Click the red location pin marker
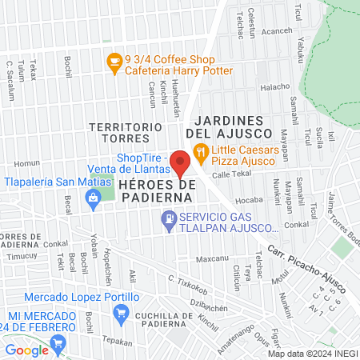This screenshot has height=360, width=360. coord(181,163)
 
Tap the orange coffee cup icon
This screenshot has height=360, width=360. coord(114,60)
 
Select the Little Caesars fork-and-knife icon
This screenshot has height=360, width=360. coord(200,149)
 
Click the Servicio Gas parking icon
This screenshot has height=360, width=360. coord(168,218)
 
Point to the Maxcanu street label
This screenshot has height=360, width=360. coord(212,259)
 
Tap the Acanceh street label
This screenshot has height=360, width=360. coord(277,31)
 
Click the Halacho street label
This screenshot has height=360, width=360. coord(275,87)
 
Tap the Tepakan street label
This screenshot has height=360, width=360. coord(117,340)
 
